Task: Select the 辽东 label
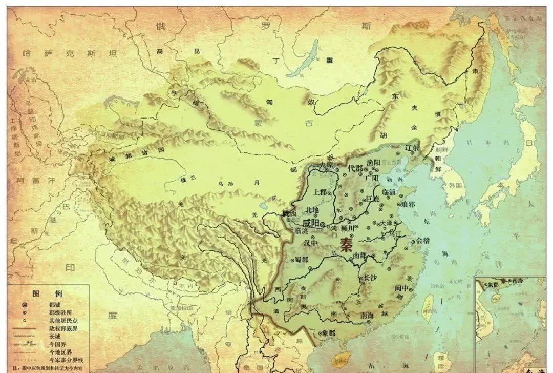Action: coord(412,148)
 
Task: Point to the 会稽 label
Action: coord(423,240)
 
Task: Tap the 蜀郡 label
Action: coord(302,260)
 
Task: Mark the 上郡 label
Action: coord(320,192)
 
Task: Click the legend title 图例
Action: coord(47,294)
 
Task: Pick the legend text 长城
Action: coord(55,336)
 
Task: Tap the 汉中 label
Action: coord(311,243)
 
